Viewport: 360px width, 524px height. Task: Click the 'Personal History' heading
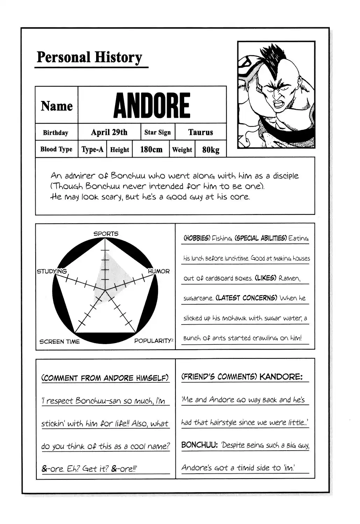[x=89, y=57]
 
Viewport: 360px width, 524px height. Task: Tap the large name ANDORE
[x=152, y=105]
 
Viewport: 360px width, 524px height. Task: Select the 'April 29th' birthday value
[x=109, y=132]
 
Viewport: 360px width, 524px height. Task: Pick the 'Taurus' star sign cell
[x=200, y=132]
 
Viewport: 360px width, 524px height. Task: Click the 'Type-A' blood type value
[x=92, y=150]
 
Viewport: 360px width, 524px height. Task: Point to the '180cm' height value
[x=151, y=150]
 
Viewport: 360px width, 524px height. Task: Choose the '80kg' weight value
[x=211, y=150]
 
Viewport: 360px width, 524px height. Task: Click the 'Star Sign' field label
[x=158, y=132]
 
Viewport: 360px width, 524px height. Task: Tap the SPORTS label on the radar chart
[x=106, y=233]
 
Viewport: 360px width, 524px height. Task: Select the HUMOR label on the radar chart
[x=159, y=271]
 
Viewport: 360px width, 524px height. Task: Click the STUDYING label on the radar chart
[x=52, y=271]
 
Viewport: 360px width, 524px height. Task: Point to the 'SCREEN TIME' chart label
[x=59, y=341]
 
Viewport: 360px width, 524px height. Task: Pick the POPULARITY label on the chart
[x=153, y=341]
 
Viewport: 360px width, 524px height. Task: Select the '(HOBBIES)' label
[x=197, y=238]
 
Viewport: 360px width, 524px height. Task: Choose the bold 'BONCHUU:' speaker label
[x=200, y=445]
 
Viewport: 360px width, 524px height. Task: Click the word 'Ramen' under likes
[x=289, y=278]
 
